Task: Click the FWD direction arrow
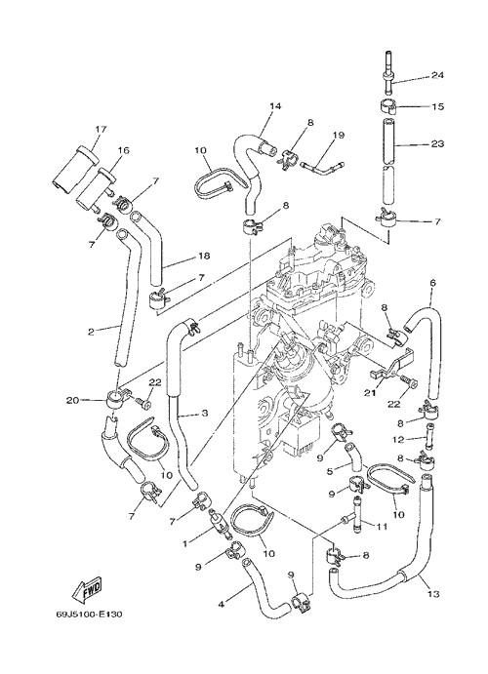tap(87, 587)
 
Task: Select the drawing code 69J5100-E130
tap(89, 615)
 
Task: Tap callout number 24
tap(437, 75)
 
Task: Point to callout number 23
tap(437, 143)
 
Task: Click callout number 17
tap(102, 129)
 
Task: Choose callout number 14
tap(275, 106)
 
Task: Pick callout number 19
tap(339, 135)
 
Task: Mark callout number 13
tap(433, 594)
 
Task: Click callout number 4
tap(222, 605)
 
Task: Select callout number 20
tap(72, 400)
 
